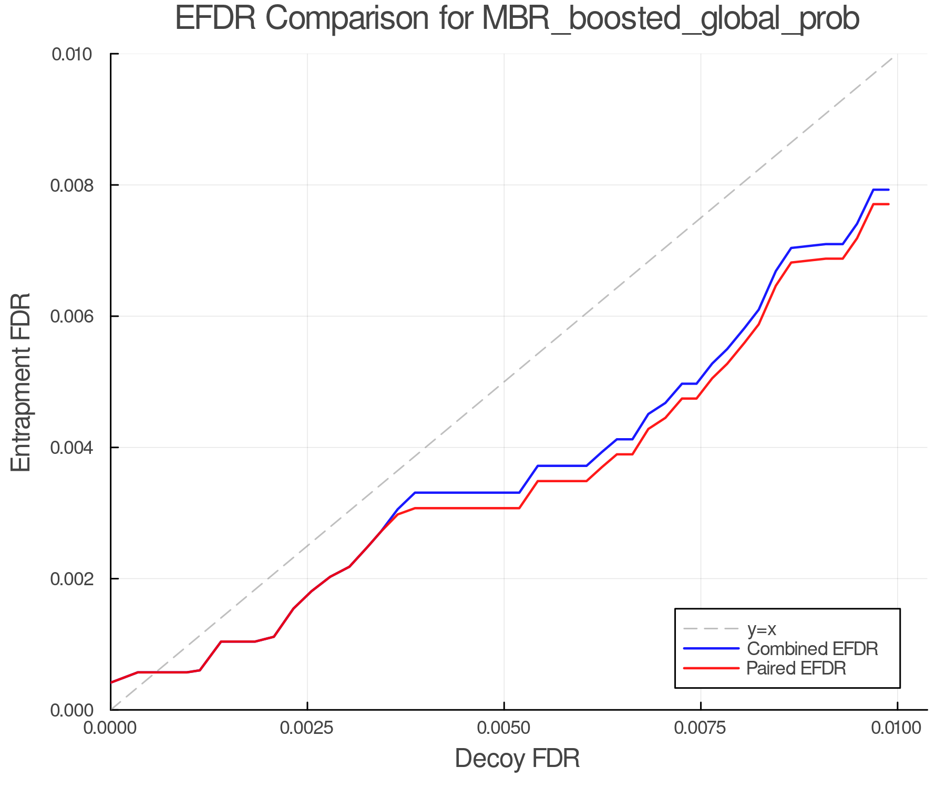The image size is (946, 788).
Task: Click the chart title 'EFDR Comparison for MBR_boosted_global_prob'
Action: [517, 19]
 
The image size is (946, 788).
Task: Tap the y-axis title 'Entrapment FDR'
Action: [21, 382]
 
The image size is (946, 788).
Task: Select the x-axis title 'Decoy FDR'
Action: [517, 759]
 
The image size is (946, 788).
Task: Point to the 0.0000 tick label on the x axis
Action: [111, 728]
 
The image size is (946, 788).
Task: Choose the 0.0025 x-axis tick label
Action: [307, 728]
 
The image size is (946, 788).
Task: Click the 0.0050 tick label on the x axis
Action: [504, 728]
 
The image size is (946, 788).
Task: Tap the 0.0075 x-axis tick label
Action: [701, 728]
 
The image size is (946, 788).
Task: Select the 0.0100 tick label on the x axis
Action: [897, 728]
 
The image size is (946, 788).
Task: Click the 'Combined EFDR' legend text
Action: [813, 649]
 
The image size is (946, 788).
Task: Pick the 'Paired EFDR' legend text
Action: [796, 668]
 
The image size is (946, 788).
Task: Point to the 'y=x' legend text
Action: [762, 629]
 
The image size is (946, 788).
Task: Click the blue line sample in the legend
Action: [711, 649]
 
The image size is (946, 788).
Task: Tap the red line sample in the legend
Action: [711, 668]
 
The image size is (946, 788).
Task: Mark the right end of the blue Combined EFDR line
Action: [889, 190]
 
